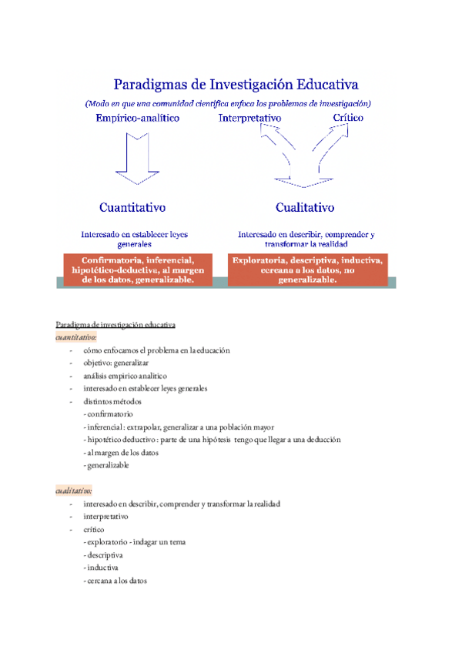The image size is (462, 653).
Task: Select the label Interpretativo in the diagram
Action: tap(249, 118)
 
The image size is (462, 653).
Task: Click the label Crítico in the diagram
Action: tap(348, 118)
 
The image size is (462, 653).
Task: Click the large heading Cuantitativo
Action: tap(132, 207)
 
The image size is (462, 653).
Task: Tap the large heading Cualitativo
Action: tap(305, 207)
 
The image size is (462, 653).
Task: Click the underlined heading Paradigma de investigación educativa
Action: tap(116, 324)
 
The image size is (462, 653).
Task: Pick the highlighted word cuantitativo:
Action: tap(76, 337)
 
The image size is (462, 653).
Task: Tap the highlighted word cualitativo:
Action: tap(74, 491)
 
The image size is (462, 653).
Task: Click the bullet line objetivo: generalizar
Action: tap(116, 363)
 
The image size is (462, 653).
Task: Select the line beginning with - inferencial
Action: tap(178, 427)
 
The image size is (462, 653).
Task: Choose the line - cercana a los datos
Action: tap(115, 581)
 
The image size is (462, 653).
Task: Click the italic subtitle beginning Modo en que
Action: tap(229, 103)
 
